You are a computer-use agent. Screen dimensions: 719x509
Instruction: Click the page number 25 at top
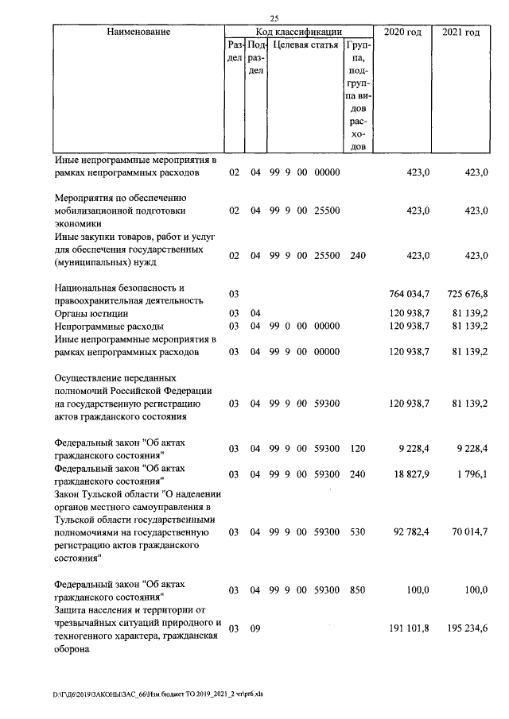[x=274, y=19]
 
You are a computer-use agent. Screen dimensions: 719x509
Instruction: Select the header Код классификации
[x=298, y=32]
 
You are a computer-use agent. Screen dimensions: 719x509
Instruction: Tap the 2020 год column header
[x=402, y=32]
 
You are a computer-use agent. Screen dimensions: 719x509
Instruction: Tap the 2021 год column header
[x=461, y=32]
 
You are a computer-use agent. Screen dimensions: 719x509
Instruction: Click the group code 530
[x=357, y=531]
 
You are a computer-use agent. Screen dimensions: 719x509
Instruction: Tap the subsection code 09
[x=256, y=628]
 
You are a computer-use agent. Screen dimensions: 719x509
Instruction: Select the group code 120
[x=357, y=449]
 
